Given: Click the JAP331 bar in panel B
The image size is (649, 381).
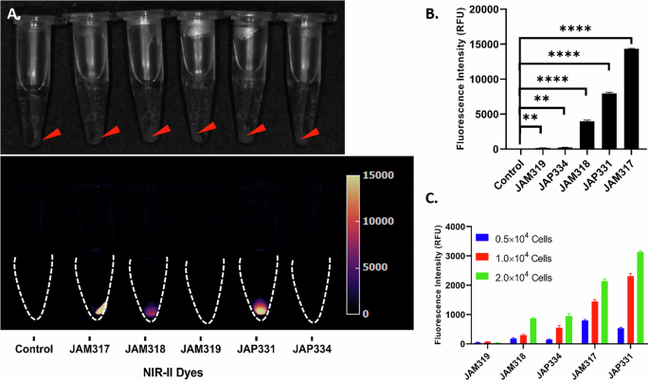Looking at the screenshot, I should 609,121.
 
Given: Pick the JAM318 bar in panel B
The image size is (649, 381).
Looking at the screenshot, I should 587,135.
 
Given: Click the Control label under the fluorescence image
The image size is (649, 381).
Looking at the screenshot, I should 34,346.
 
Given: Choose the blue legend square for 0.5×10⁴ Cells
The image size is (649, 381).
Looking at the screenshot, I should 482,239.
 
